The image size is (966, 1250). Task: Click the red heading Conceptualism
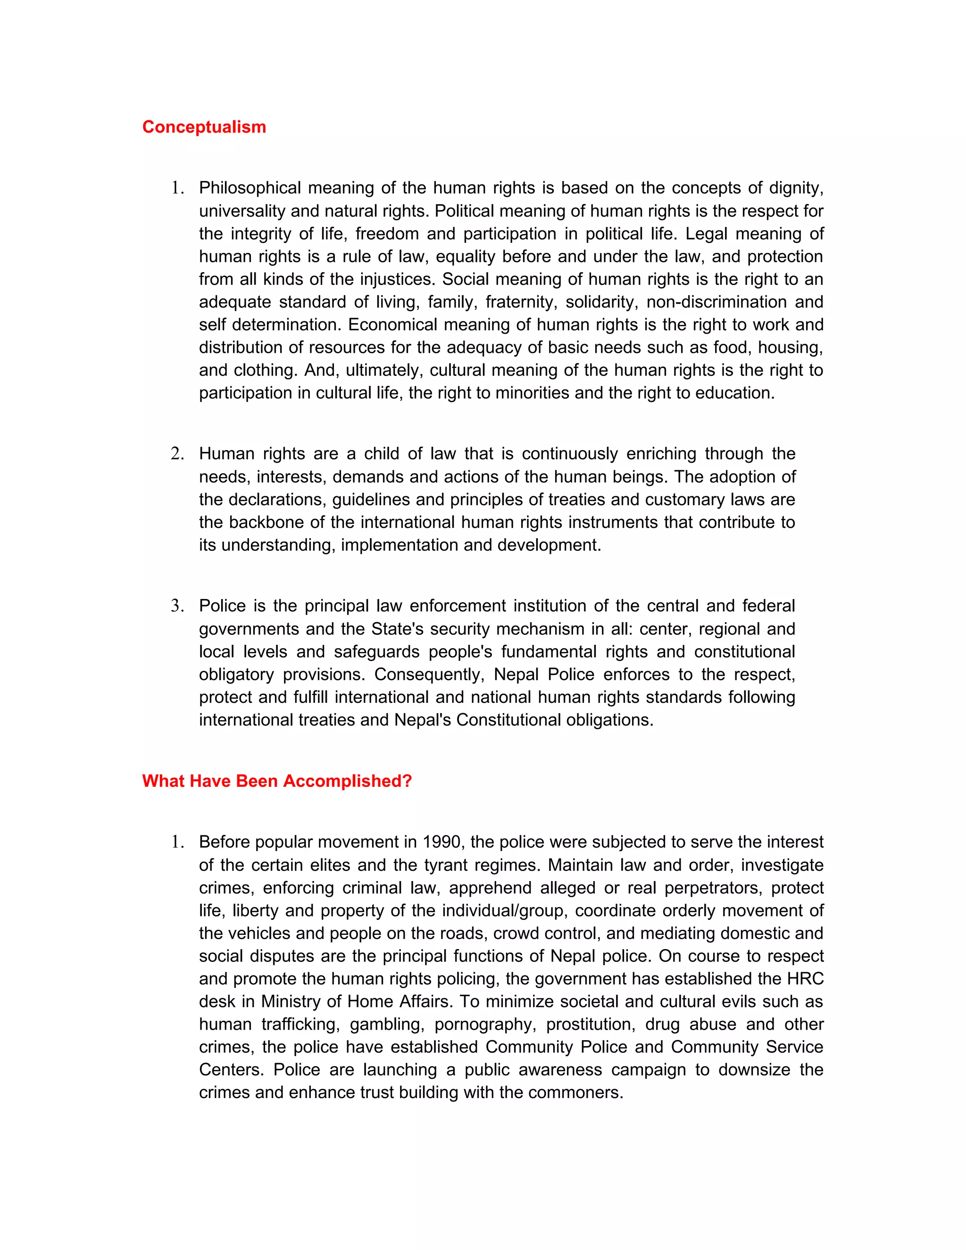204,126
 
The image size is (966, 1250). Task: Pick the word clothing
265,370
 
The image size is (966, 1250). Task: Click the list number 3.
177,606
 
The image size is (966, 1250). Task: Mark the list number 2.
177,454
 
